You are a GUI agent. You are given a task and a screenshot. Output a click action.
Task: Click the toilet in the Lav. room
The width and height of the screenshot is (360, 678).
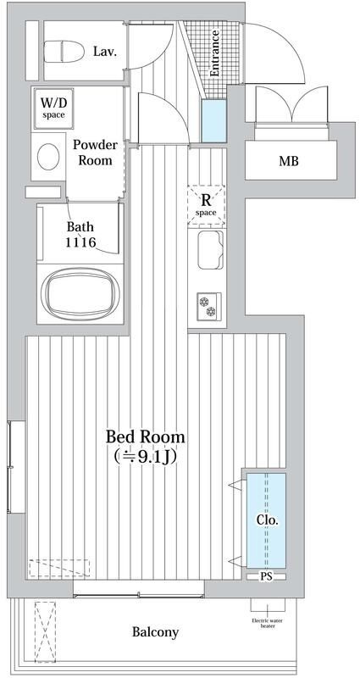pyautogui.click(x=64, y=52)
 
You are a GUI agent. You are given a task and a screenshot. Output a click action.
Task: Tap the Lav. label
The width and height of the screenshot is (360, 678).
pyautogui.click(x=104, y=52)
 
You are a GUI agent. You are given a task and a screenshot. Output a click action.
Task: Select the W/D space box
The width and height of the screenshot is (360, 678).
pyautogui.click(x=53, y=108)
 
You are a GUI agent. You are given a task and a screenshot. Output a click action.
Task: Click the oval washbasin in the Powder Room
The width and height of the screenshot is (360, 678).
pyautogui.click(x=48, y=157)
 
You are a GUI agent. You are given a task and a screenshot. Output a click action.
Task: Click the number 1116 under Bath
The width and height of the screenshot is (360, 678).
pyautogui.click(x=80, y=242)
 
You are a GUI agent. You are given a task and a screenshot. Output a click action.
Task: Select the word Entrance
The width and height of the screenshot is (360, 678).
pyautogui.click(x=214, y=53)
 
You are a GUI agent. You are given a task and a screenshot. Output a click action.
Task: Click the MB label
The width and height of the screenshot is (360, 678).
pyautogui.click(x=289, y=162)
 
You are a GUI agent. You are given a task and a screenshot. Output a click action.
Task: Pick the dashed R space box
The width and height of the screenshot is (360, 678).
pyautogui.click(x=206, y=205)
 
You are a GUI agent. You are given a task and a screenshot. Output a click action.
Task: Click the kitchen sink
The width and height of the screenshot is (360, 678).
pyautogui.click(x=210, y=249)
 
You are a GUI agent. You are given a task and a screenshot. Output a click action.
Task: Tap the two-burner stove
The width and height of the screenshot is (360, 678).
pyautogui.click(x=209, y=306)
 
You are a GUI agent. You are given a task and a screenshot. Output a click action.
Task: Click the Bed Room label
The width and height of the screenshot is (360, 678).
pyautogui.click(x=145, y=436)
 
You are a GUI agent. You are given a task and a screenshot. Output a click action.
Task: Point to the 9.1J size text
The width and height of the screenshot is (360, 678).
pyautogui.click(x=145, y=457)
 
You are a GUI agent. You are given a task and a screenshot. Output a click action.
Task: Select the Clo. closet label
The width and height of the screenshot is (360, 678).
pyautogui.click(x=267, y=520)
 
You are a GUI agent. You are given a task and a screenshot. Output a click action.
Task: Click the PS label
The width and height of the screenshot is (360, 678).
pyautogui.click(x=266, y=576)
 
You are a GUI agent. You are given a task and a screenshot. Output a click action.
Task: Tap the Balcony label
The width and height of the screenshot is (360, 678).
pyautogui.click(x=155, y=632)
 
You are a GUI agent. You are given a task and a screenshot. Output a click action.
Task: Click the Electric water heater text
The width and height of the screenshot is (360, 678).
pyautogui.click(x=267, y=623)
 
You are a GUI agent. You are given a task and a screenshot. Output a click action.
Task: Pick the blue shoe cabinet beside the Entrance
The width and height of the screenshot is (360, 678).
pyautogui.click(x=214, y=120)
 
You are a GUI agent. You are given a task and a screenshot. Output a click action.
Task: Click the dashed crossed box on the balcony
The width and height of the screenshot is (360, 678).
pyautogui.click(x=46, y=631)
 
